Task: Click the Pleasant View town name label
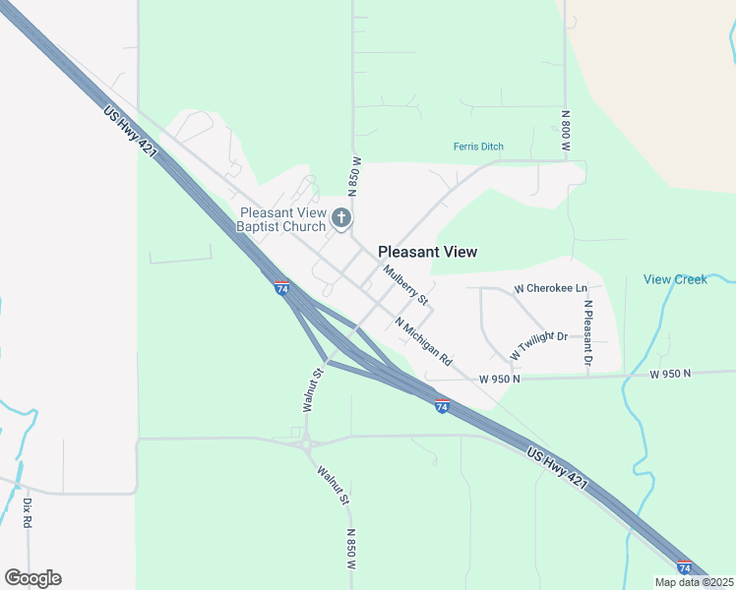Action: tap(428, 252)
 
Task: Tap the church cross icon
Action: tap(341, 217)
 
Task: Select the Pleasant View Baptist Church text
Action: tap(281, 220)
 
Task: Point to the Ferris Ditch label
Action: tap(478, 147)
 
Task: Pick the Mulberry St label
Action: tap(406, 284)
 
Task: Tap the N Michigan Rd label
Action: tap(423, 339)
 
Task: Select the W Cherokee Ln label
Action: tap(550, 289)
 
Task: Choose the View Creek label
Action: tap(675, 279)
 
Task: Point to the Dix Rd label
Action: tap(28, 514)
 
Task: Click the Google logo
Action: tap(32, 578)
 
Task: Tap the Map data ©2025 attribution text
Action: tap(694, 582)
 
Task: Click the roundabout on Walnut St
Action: tap(307, 444)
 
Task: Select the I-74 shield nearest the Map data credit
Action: tap(684, 567)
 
